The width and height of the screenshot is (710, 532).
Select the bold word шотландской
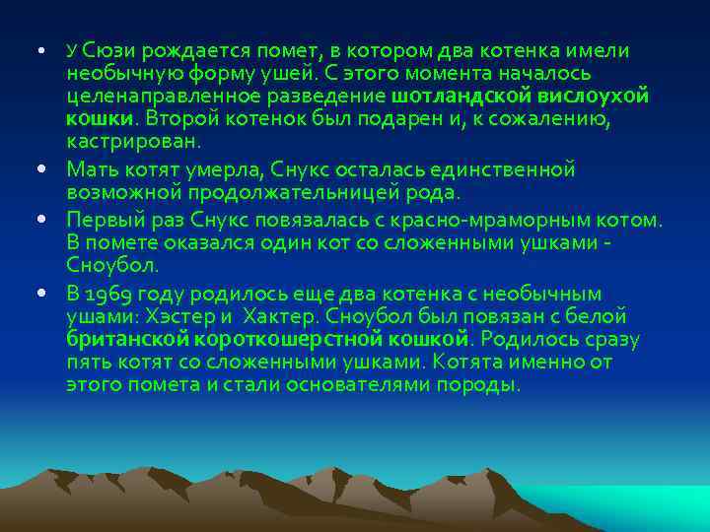461,97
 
